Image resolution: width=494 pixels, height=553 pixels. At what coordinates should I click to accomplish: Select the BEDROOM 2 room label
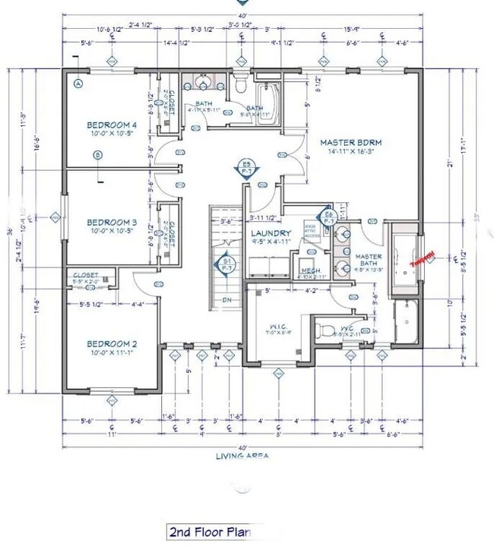pyautogui.click(x=112, y=343)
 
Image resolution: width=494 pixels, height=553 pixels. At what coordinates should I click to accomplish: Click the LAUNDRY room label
pyautogui.click(x=269, y=233)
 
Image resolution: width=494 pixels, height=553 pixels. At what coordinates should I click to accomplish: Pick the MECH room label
pyautogui.click(x=310, y=270)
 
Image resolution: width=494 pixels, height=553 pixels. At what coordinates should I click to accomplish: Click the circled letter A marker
pyautogui.click(x=78, y=84)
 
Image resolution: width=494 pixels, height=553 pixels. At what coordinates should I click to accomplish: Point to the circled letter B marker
pyautogui.click(x=97, y=156)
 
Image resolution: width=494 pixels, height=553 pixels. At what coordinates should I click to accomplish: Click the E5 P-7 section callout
pyautogui.click(x=246, y=168)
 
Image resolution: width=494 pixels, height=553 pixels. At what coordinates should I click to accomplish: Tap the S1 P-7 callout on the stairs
pyautogui.click(x=226, y=264)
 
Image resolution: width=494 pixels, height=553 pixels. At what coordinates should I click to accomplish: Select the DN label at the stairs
pyautogui.click(x=226, y=300)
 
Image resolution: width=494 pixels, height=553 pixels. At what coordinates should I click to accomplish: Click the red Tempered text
pyautogui.click(x=422, y=259)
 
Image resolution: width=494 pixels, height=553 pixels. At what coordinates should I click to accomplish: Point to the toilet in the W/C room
pyautogui.click(x=323, y=330)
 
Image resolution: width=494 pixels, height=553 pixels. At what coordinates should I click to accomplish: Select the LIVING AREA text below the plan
pyautogui.click(x=242, y=456)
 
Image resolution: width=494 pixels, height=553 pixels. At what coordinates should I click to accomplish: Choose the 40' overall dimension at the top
pyautogui.click(x=242, y=16)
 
